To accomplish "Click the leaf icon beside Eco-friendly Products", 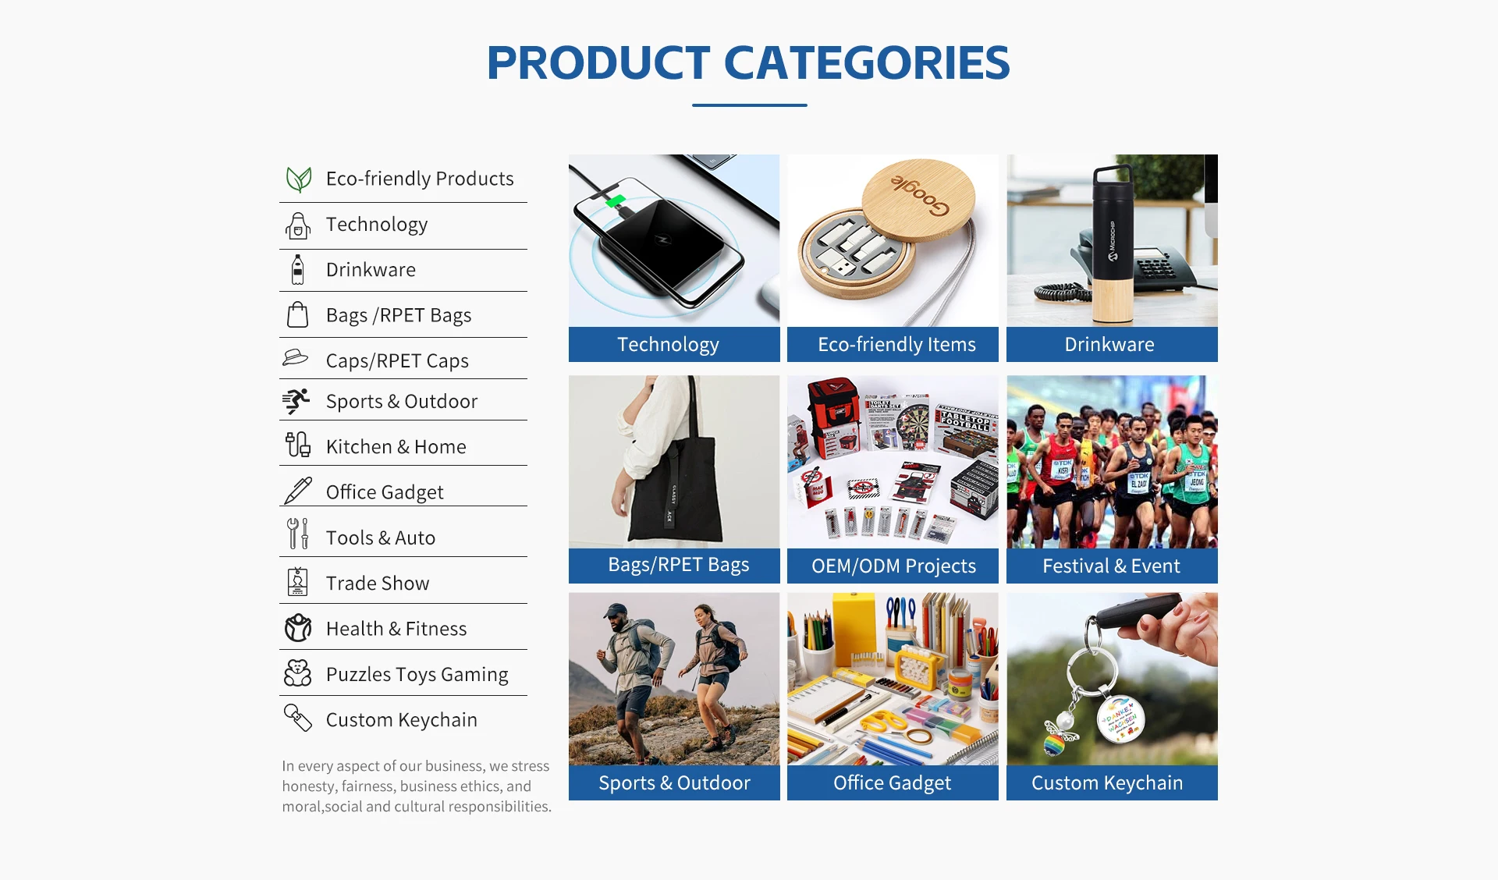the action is (x=298, y=179).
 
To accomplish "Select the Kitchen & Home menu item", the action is (x=396, y=447).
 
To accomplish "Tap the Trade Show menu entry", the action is (x=378, y=584).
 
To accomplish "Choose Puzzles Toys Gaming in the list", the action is (x=417, y=675).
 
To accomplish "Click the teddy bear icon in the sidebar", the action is (x=297, y=673).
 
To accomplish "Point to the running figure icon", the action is (x=296, y=401).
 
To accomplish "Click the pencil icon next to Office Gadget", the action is (x=297, y=491).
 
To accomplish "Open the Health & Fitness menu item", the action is (x=396, y=629).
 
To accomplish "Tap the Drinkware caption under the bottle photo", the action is (x=1109, y=345).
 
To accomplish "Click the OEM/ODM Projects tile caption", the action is (x=893, y=566).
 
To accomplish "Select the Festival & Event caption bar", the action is (x=1112, y=566).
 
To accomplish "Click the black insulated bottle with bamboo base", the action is (x=1113, y=243).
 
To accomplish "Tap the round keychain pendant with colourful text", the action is (x=1120, y=720).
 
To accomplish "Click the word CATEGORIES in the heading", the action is (x=867, y=63).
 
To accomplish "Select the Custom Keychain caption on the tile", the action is (x=1107, y=783).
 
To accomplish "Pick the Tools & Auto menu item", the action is (x=381, y=538).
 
